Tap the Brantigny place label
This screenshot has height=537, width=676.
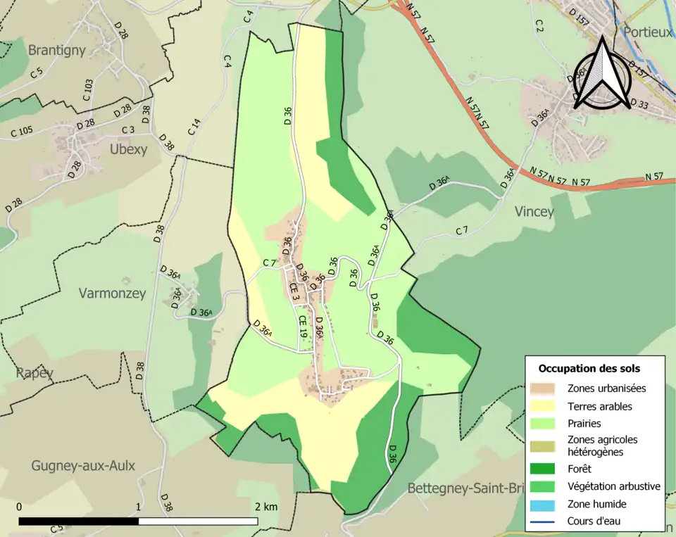point(57,50)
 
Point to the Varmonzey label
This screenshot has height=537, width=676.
point(112,293)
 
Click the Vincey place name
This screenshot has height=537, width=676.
point(534,211)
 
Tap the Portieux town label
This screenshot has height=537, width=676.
point(646,33)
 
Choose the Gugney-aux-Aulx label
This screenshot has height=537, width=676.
point(82,465)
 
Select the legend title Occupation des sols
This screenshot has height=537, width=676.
point(589,368)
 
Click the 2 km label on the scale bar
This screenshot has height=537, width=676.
point(266,507)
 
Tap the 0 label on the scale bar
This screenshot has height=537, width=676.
point(19,507)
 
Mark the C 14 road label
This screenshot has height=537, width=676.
point(194,127)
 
